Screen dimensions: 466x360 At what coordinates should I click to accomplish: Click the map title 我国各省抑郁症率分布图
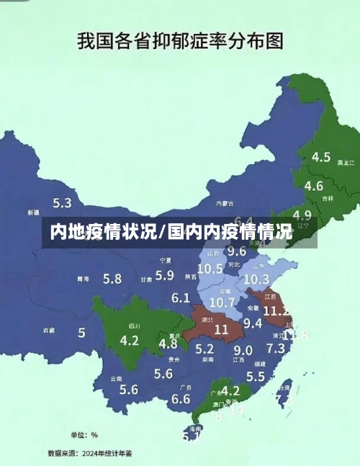click(x=180, y=40)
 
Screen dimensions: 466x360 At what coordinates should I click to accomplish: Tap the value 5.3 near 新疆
click(x=63, y=203)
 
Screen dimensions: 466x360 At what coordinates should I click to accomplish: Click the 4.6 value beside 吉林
click(x=314, y=186)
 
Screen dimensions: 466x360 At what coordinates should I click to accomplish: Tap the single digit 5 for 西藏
click(x=81, y=333)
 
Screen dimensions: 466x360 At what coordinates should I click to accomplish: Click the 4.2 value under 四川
click(x=130, y=340)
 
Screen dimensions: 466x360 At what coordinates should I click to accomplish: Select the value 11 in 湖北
click(x=220, y=328)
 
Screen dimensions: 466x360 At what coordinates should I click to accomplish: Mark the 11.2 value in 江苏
click(x=276, y=310)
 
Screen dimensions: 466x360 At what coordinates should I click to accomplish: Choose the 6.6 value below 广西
click(x=181, y=398)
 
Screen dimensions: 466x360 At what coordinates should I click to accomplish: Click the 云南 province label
click(x=116, y=378)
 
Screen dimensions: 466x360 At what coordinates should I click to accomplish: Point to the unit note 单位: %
click(x=84, y=435)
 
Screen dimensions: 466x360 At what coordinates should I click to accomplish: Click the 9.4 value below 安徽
click(x=253, y=323)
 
